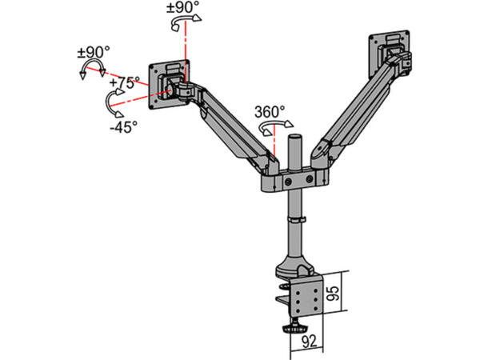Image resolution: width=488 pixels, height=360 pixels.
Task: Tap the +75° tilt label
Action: pos(125,82)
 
